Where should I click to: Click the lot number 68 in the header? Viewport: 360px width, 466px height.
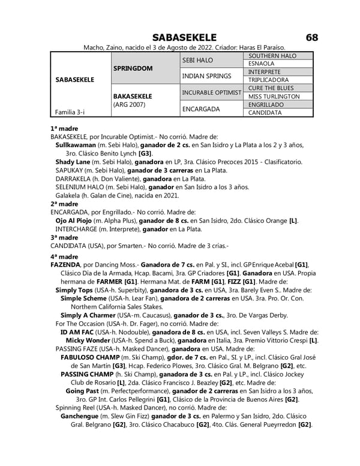pyautogui.click(x=311, y=38)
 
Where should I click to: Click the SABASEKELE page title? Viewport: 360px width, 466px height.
pyautogui.click(x=184, y=38)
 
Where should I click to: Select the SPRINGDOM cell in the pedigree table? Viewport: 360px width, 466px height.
pyautogui.click(x=133, y=68)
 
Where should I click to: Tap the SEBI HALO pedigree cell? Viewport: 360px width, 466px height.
pyautogui.click(x=197, y=60)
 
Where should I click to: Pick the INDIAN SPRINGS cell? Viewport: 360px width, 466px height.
pyautogui.click(x=206, y=76)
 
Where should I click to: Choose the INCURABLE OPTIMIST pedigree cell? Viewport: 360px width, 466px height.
pyautogui.click(x=212, y=92)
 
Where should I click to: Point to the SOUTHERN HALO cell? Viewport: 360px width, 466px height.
pyautogui.click(x=272, y=56)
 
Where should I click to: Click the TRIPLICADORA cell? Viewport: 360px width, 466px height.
pyautogui.click(x=268, y=80)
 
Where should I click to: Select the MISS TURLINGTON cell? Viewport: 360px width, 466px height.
pyautogui.click(x=274, y=96)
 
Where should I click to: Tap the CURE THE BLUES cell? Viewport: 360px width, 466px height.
pyautogui.click(x=270, y=88)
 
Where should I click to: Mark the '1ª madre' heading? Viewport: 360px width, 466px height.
pyautogui.click(x=64, y=128)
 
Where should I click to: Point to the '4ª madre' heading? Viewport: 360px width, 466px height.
pyautogui.click(x=64, y=256)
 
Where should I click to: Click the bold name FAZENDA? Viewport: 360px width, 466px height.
pyautogui.click(x=65, y=265)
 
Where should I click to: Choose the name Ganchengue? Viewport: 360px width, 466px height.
pyautogui.click(x=80, y=416)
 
